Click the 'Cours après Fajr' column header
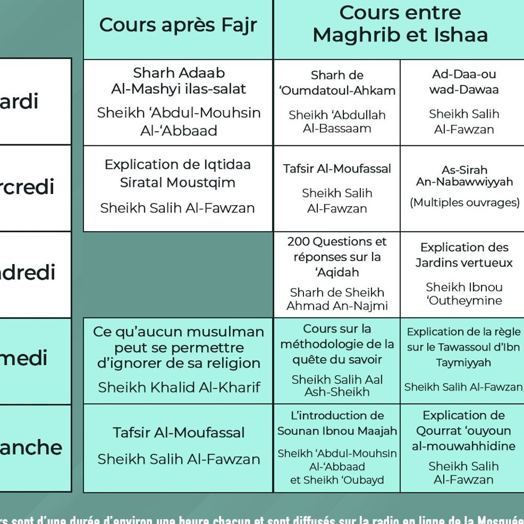[178, 25]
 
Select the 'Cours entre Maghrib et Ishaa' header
[400, 24]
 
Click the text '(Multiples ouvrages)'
[465, 203]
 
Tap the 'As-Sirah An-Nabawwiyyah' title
[465, 176]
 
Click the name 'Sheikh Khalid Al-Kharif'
[179, 387]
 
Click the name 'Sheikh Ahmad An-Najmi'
[337, 299]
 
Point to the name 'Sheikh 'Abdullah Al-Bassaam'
[337, 122]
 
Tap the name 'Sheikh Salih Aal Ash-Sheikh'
[337, 386]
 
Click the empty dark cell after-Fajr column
[178, 274]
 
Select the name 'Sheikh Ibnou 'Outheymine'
[464, 294]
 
